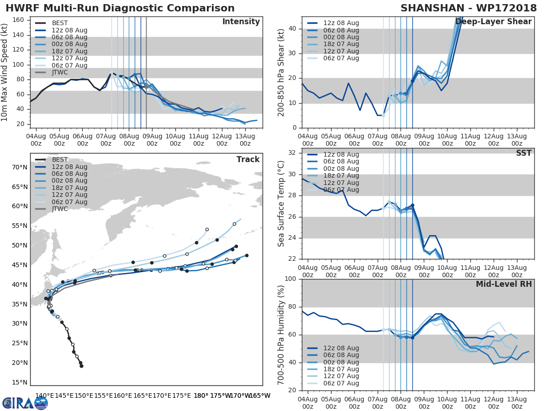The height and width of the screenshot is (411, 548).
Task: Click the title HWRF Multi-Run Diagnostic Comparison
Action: [x=120, y=8]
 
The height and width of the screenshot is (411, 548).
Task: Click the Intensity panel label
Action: [x=241, y=22]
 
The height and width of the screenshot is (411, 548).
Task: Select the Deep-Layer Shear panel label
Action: [x=493, y=22]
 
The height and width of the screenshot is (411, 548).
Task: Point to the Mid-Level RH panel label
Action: [x=504, y=285]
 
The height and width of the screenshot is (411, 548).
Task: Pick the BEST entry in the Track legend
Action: [x=60, y=160]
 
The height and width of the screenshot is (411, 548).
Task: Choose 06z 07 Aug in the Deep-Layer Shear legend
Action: [x=341, y=58]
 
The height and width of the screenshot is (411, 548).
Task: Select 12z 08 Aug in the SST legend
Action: [x=341, y=154]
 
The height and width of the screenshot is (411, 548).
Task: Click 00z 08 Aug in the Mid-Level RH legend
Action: [x=341, y=362]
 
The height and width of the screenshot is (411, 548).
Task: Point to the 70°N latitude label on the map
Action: [x=20, y=167]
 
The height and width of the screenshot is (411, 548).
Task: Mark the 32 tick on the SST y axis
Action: [x=293, y=153]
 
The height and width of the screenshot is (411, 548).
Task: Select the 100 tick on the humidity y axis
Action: [x=290, y=279]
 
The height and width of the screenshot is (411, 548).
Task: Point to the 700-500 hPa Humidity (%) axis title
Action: [x=281, y=335]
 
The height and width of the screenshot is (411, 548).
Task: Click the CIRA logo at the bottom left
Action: [x=25, y=403]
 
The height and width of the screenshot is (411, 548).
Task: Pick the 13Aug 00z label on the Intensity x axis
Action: [x=245, y=140]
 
